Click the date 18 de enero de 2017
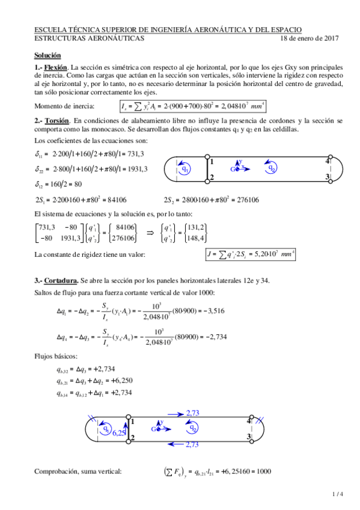[310, 38]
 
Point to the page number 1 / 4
[337, 494]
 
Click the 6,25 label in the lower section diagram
[118, 433]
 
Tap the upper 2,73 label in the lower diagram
[193, 413]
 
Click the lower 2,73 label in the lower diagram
[192, 444]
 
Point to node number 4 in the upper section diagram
[328, 161]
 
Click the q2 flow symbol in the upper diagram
[273, 169]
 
